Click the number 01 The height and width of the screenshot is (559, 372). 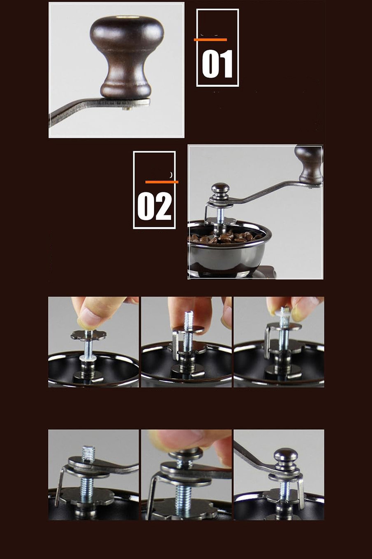(x=217, y=64)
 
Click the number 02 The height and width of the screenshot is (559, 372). (x=155, y=206)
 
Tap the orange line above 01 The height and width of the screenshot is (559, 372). (x=210, y=40)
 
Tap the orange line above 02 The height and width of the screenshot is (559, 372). (x=162, y=182)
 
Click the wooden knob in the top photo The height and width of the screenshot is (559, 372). (x=127, y=56)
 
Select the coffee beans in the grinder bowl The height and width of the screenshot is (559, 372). (x=226, y=238)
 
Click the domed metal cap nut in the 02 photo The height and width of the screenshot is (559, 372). (x=220, y=190)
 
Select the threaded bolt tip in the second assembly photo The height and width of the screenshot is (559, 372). (x=189, y=318)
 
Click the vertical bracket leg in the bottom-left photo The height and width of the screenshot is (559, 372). (x=59, y=489)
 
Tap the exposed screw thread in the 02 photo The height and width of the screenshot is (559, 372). (x=220, y=215)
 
